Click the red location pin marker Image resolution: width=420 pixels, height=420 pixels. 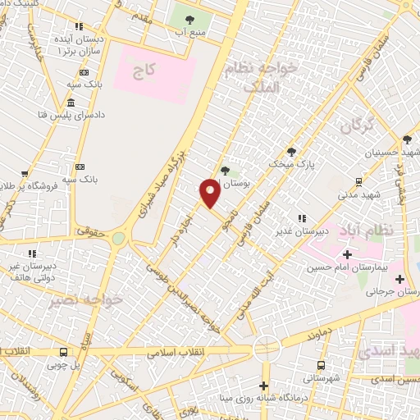click(x=210, y=192)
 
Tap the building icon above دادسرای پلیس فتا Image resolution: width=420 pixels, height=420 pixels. click(x=72, y=103)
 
